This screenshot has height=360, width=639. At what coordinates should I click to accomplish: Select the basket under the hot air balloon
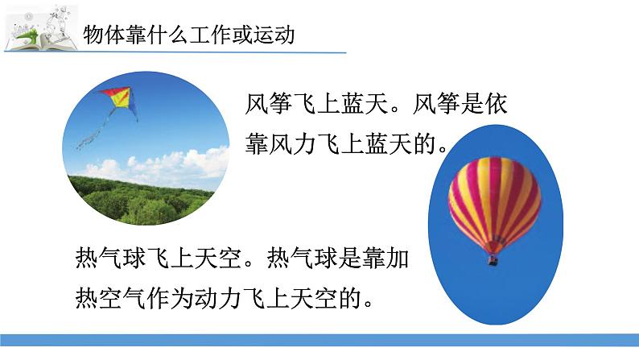tap(493, 260)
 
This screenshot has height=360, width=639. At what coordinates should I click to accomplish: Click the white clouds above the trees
tap(161, 163)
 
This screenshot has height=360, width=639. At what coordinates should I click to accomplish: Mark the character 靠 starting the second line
tap(258, 145)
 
